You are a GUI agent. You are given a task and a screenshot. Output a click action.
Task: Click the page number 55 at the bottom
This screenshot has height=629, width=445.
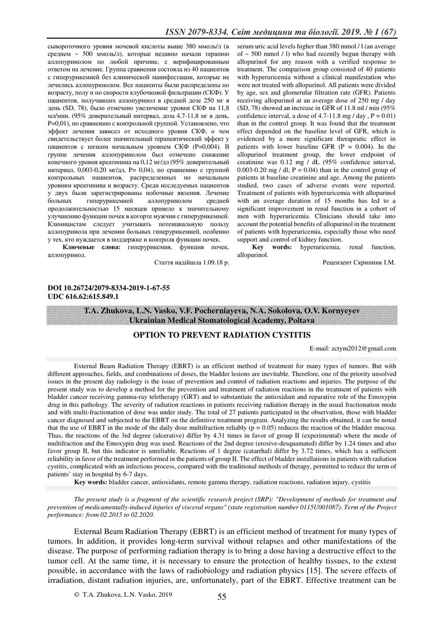click(222, 596)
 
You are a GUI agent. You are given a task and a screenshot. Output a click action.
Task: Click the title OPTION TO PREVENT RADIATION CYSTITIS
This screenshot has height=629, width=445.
click(222, 335)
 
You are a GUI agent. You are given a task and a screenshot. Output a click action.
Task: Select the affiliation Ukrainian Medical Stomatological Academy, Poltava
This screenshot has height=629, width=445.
click(222, 321)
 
